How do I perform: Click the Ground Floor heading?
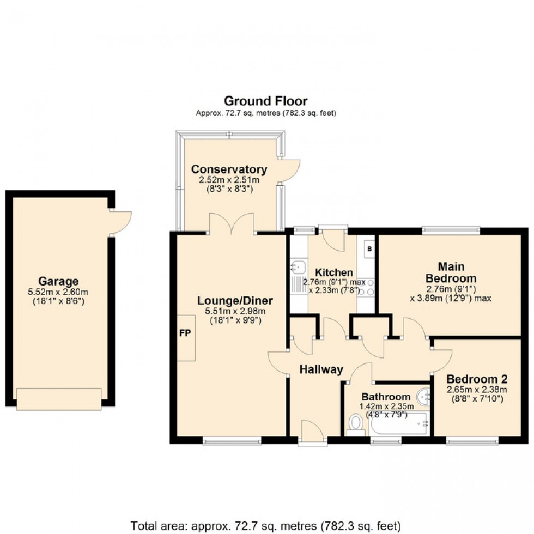click(266, 101)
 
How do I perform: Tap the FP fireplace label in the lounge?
click(185, 333)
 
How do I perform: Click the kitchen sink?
click(298, 267)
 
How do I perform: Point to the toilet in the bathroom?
click(356, 423)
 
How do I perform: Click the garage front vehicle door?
click(59, 399)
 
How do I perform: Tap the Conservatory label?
click(229, 169)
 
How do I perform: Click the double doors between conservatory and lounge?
click(231, 223)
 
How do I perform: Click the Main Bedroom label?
click(450, 272)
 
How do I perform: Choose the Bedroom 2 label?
click(472, 379)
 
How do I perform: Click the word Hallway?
click(321, 369)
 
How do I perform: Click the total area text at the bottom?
click(266, 526)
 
